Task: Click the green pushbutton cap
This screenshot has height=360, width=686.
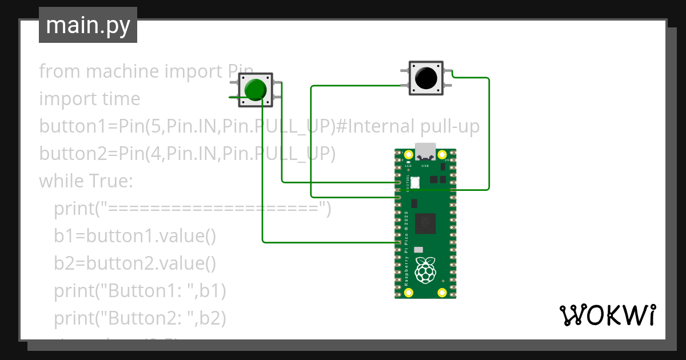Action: click(x=255, y=90)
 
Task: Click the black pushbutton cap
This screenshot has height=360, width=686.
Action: click(x=426, y=78)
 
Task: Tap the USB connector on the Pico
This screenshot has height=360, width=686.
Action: click(x=425, y=152)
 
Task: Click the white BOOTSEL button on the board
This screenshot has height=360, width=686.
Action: click(x=415, y=182)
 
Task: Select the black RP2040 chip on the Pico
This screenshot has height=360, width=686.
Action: click(x=425, y=223)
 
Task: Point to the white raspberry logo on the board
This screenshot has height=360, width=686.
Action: click(x=424, y=270)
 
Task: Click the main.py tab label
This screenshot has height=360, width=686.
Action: click(x=88, y=26)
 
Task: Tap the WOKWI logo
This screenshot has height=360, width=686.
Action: click(x=607, y=315)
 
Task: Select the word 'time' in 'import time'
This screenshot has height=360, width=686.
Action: click(x=121, y=99)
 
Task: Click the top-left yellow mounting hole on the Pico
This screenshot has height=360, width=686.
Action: click(x=408, y=155)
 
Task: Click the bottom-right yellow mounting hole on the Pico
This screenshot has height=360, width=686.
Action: click(x=442, y=293)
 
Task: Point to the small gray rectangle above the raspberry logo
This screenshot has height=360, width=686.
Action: click(x=418, y=250)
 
